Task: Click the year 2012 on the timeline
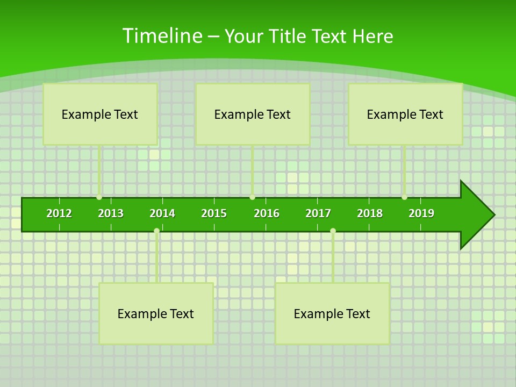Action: click(59, 213)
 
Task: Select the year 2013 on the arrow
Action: click(111, 213)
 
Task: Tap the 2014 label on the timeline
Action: click(162, 213)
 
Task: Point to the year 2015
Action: click(214, 213)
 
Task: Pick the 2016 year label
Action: click(267, 213)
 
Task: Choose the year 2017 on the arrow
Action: click(318, 213)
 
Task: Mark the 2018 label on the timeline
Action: click(370, 213)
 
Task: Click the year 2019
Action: click(421, 213)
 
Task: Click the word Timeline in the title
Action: click(161, 36)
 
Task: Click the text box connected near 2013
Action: click(100, 114)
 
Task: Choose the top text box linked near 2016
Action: click(253, 114)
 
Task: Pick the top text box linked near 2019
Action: click(405, 114)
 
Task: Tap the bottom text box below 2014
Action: click(156, 313)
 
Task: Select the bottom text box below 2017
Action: click(332, 313)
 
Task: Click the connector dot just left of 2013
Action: click(99, 197)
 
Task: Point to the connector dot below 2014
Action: click(156, 231)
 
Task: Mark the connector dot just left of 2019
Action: click(404, 197)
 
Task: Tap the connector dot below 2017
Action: click(333, 231)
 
